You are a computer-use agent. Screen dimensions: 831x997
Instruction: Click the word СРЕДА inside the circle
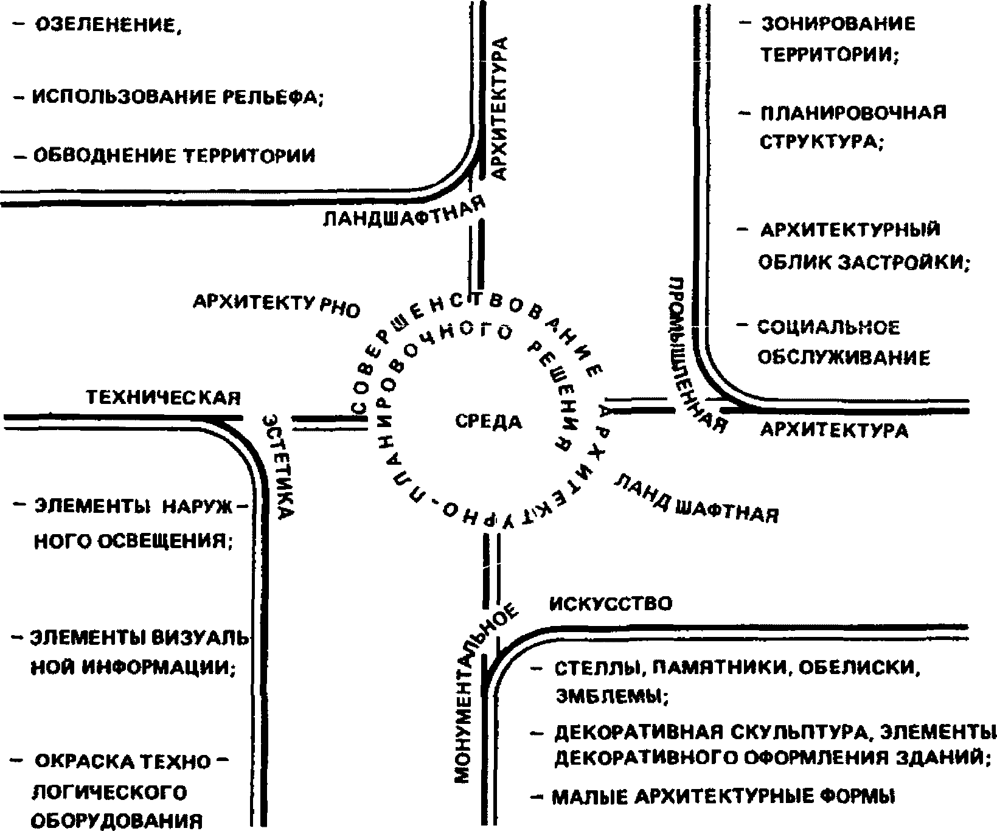488,421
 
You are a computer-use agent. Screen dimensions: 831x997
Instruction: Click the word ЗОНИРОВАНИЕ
838,24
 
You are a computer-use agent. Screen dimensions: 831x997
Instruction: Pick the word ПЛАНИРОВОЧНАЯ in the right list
853,113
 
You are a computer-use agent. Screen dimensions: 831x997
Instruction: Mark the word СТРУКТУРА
820,142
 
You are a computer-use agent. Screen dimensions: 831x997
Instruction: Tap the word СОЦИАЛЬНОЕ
828,328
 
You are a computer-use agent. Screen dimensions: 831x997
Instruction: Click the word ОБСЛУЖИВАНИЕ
843,358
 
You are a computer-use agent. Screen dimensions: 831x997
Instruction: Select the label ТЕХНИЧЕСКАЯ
163,398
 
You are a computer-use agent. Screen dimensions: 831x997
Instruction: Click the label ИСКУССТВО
611,603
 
